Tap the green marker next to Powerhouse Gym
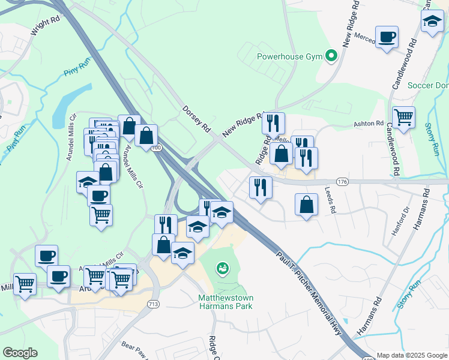pyautogui.click(x=330, y=56)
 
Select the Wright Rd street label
pyautogui.click(x=46, y=27)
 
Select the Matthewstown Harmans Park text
pyautogui.click(x=225, y=302)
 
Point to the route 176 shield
pyautogui.click(x=342, y=181)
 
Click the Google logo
pyautogui.click(x=20, y=353)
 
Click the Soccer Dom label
pyautogui.click(x=427, y=85)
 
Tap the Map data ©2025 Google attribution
pyautogui.click(x=411, y=355)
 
